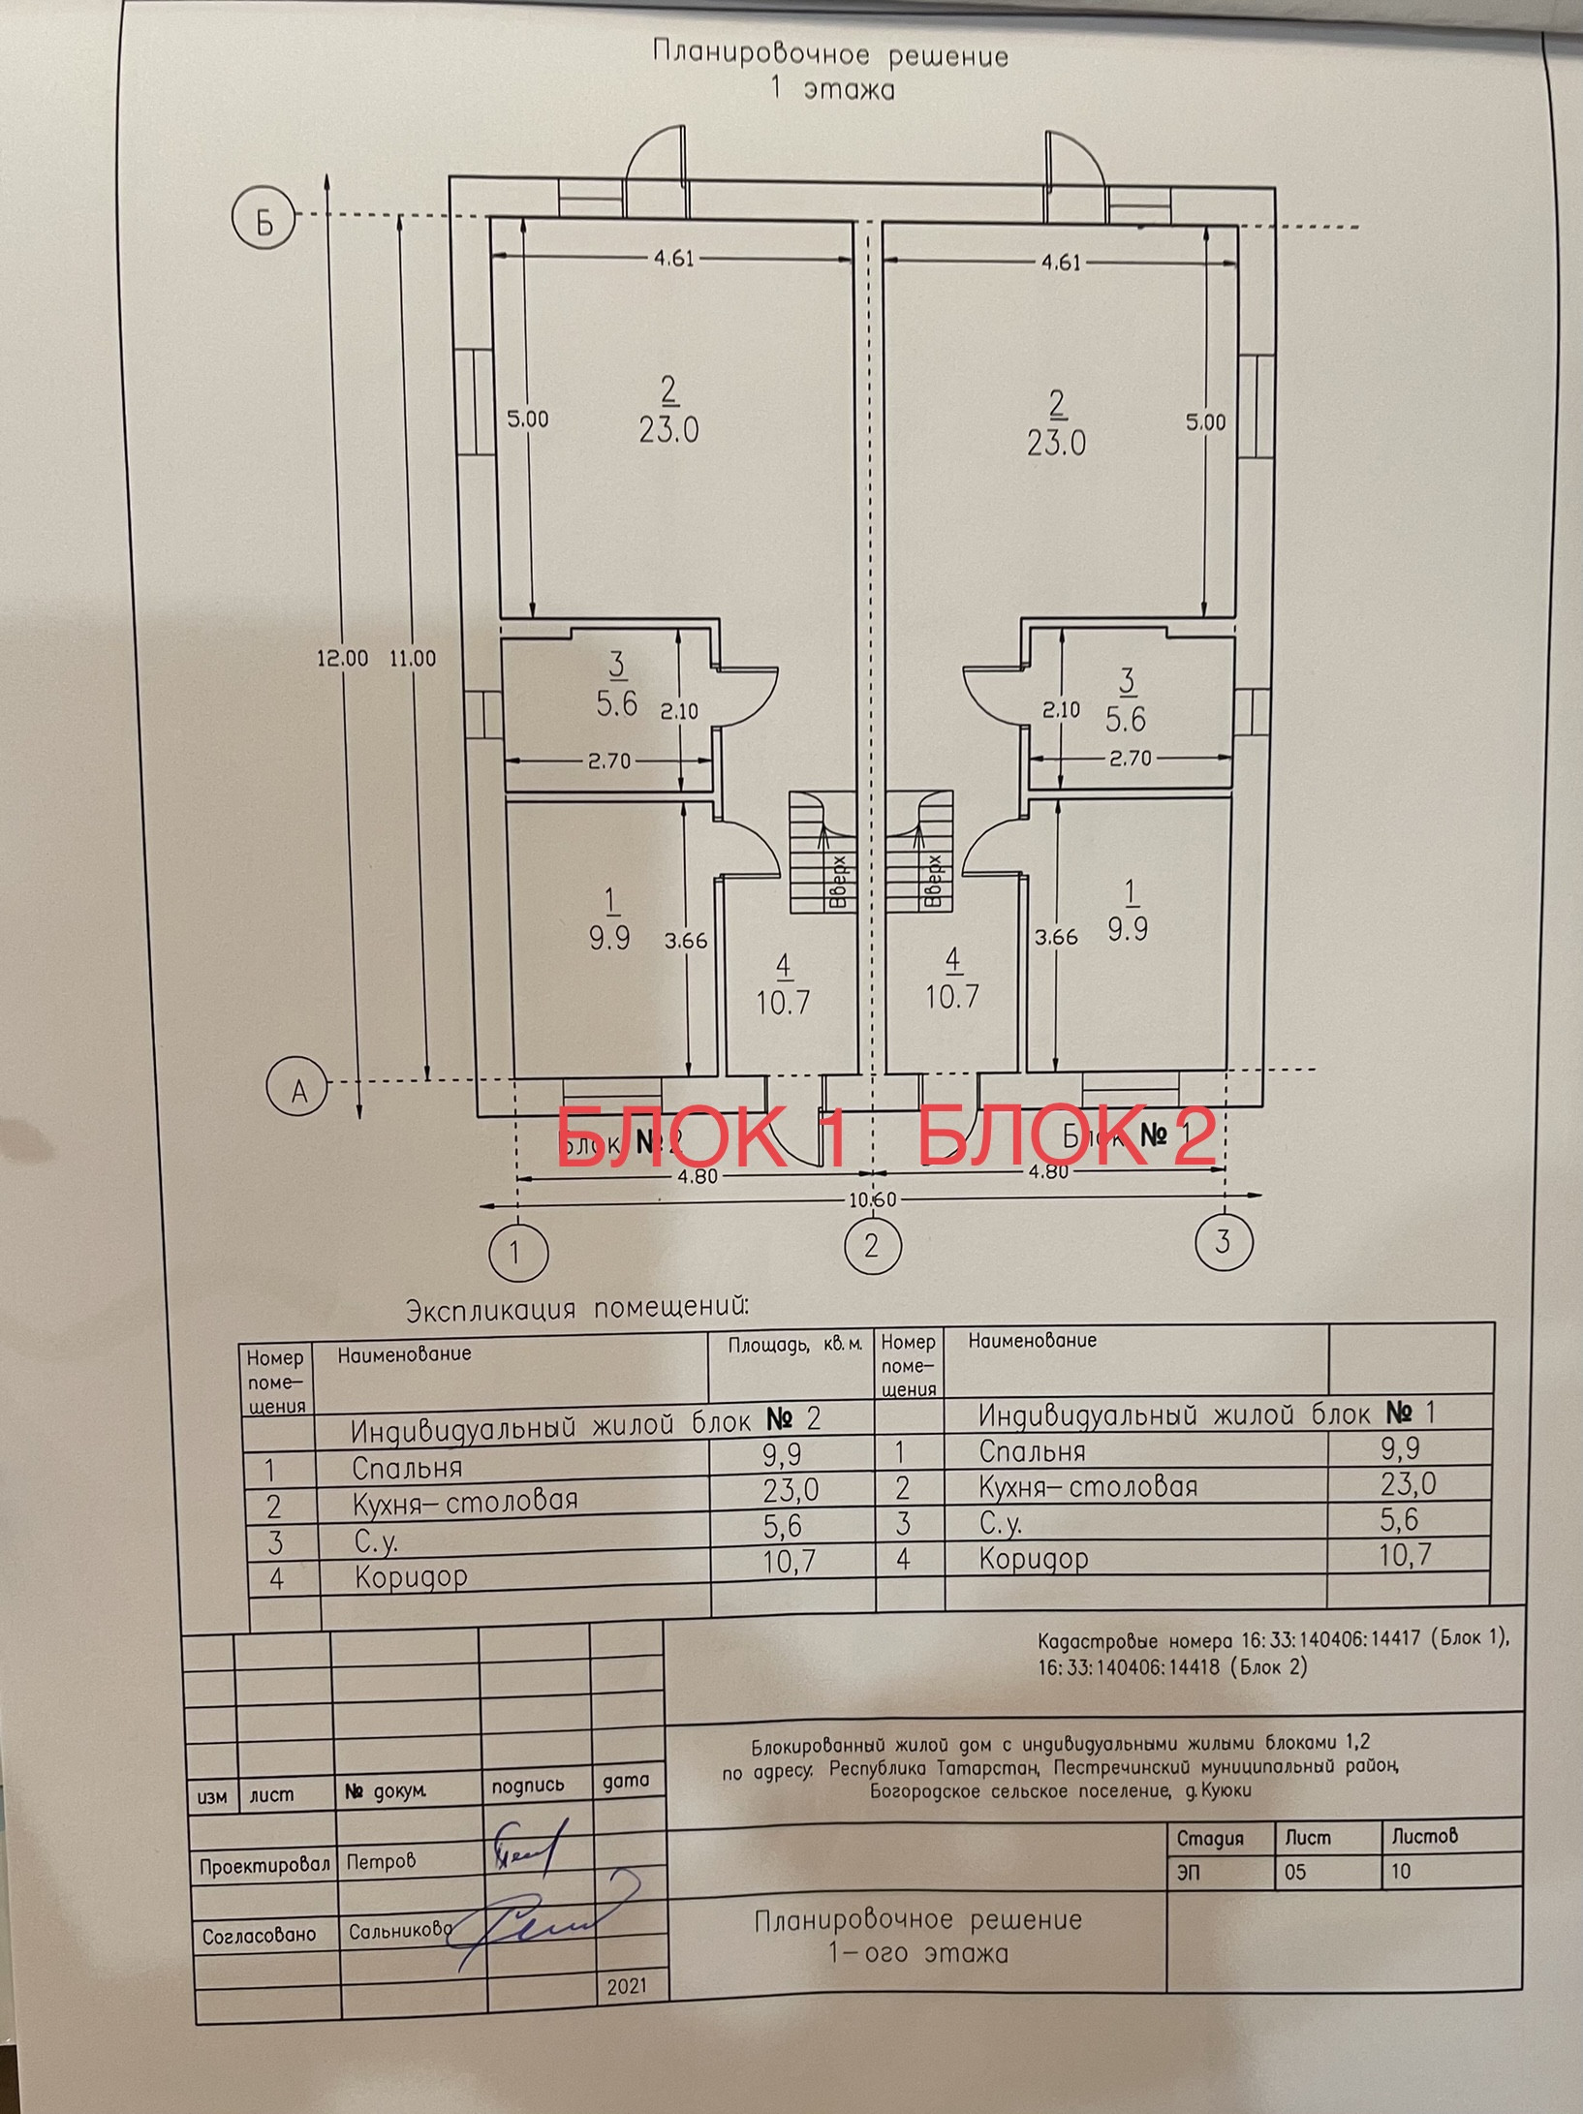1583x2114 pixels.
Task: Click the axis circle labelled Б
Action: pos(264,221)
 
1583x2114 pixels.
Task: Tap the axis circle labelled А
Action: pos(297,1090)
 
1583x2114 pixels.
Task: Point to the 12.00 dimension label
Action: pos(342,658)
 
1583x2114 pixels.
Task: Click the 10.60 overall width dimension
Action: pos(872,1200)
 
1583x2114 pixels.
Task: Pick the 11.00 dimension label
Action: pos(413,658)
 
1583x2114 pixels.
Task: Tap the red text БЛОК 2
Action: pos(1066,1135)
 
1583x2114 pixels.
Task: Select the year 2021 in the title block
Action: pos(627,1986)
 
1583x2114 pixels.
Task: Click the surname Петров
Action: pos(381,1860)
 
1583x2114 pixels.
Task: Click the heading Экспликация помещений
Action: pos(577,1309)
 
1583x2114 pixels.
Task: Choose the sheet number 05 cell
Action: pos(1296,1872)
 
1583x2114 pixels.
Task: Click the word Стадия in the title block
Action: pos(1209,1838)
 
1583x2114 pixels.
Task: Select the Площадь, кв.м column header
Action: pos(794,1346)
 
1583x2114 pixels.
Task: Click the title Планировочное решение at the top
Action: pos(830,54)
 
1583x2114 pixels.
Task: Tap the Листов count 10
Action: pos(1401,1871)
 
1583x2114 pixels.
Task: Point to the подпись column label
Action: pos(527,1785)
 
